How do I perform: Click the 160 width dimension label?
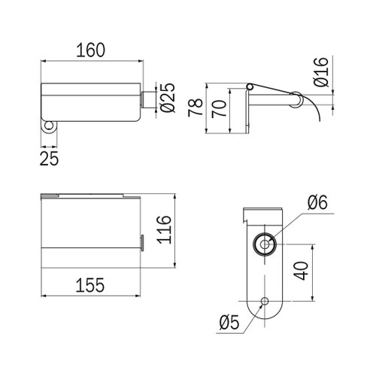[x=90, y=50]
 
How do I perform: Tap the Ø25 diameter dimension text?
[x=167, y=98]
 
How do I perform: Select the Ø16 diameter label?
[x=321, y=72]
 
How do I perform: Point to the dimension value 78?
[x=196, y=108]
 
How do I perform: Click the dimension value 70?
[x=219, y=109]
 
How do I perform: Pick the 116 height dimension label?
[x=164, y=229]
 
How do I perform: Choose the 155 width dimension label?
[x=90, y=285]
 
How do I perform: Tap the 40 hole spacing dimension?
[x=301, y=271]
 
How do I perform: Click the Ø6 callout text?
[x=317, y=202]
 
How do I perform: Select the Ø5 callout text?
[x=229, y=323]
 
